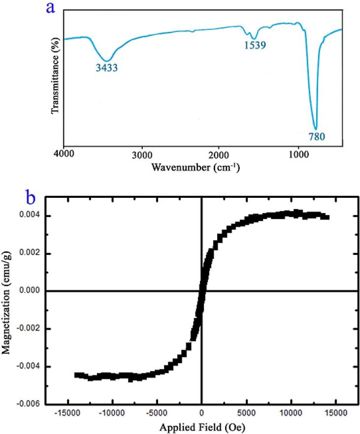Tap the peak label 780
click(317, 135)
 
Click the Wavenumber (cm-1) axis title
click(196, 167)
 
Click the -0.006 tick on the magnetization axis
click(29, 404)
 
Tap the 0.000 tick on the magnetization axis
click(30, 291)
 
